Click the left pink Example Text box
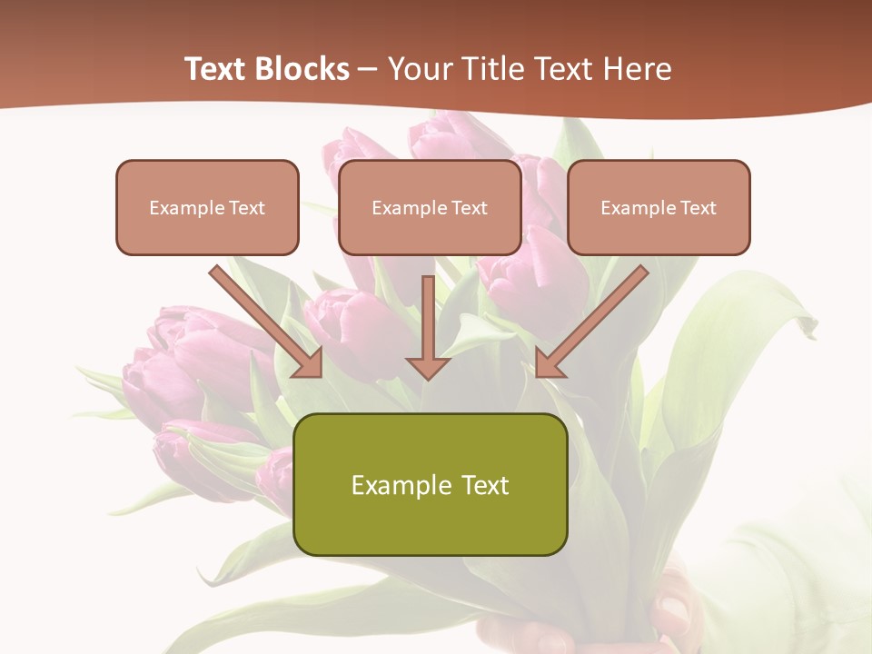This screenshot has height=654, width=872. click(x=207, y=207)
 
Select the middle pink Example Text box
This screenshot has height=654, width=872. click(x=430, y=207)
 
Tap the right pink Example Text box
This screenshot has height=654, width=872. click(x=659, y=207)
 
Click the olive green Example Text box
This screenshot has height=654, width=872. click(x=430, y=484)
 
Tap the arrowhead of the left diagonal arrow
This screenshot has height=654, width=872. click(x=309, y=363)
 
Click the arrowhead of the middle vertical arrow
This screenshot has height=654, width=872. click(x=429, y=366)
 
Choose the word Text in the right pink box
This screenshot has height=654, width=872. click(x=698, y=207)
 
